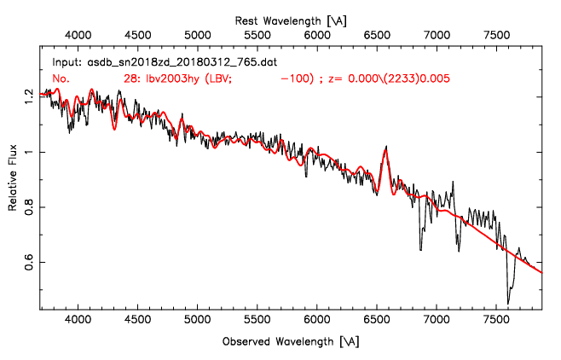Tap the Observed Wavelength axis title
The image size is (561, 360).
(290, 341)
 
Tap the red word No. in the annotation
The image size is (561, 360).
(61, 78)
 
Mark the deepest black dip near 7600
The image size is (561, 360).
(508, 302)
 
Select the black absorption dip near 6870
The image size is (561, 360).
(420, 248)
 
